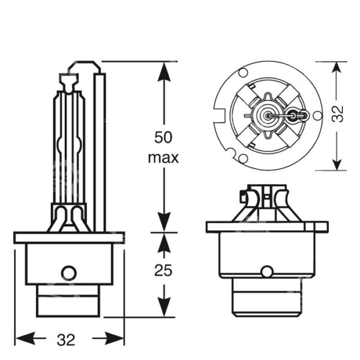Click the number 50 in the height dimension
(163, 137)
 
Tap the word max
(163, 158)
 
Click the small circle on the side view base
(69, 272)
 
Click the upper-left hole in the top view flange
(242, 74)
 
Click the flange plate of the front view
(267, 227)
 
